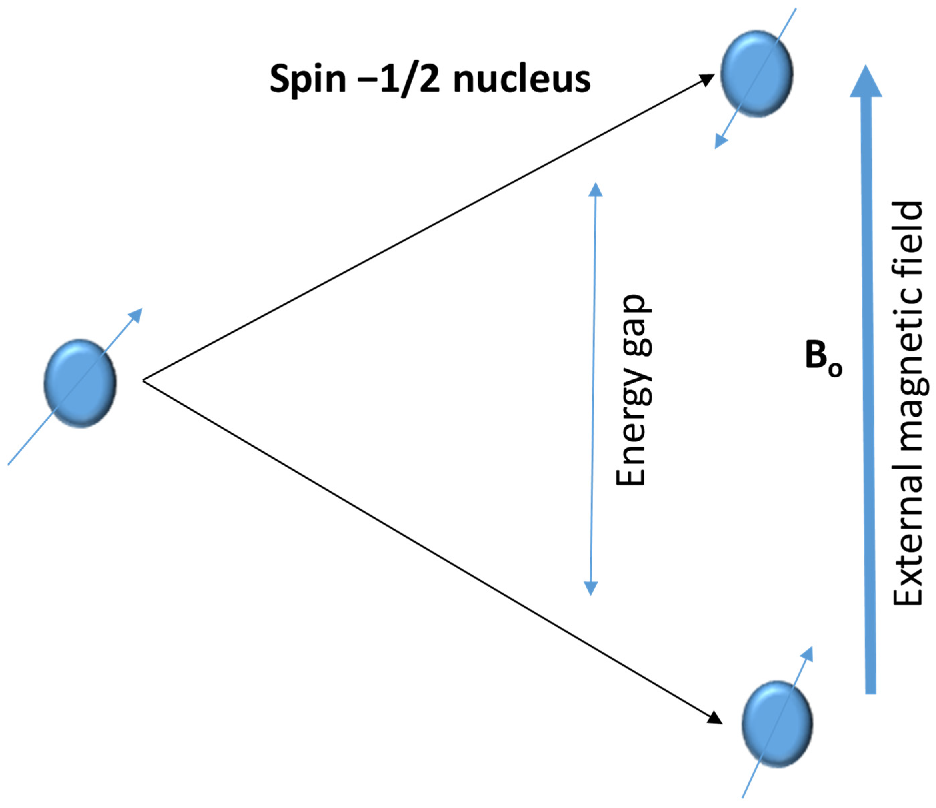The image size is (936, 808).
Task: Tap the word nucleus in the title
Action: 522,79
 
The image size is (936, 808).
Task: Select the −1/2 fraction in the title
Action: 409,79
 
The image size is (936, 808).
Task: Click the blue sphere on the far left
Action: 80,383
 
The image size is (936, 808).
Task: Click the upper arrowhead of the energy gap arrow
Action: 595,190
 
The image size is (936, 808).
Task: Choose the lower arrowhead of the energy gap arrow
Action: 591,588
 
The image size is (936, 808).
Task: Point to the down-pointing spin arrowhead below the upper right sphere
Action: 721,142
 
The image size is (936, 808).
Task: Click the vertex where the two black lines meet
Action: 144,381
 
